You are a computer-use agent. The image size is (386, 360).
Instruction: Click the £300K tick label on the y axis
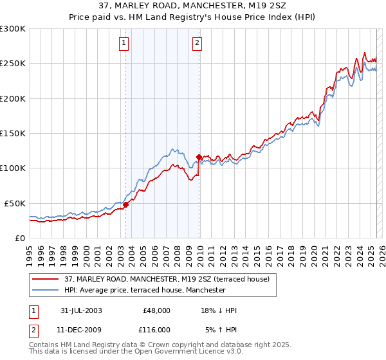tap(13, 29)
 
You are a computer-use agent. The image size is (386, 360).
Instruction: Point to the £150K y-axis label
tap(13, 133)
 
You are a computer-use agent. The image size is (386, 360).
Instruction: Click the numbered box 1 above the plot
tap(124, 44)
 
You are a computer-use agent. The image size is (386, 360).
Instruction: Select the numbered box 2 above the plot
tap(197, 44)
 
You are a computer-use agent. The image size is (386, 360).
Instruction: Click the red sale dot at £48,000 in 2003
tap(126, 204)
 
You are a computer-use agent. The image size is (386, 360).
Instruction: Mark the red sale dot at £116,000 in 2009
tap(199, 156)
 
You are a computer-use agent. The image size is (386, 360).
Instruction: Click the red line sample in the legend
tap(46, 279)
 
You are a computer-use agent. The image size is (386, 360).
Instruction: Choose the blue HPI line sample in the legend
tap(46, 290)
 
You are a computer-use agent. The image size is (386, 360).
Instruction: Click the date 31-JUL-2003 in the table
tap(81, 310)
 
